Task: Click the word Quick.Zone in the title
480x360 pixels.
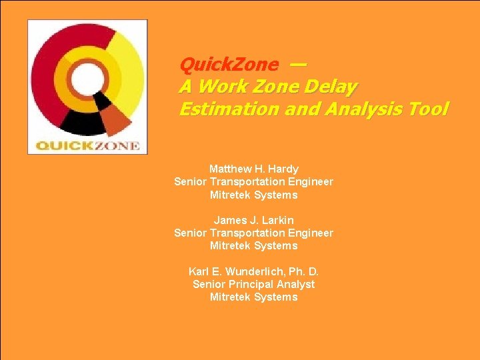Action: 229,65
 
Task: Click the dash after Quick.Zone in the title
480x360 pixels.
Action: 298,64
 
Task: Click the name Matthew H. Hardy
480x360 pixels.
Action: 253,169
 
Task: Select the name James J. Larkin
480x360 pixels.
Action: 253,220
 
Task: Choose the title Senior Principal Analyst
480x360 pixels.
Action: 253,284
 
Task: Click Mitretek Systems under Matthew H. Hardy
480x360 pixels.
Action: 253,195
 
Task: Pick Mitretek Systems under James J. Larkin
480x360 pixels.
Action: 253,245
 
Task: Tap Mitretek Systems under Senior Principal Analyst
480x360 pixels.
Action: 253,297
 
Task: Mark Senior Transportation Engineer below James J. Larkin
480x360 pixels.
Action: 253,233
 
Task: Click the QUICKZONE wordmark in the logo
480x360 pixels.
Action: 87,145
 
